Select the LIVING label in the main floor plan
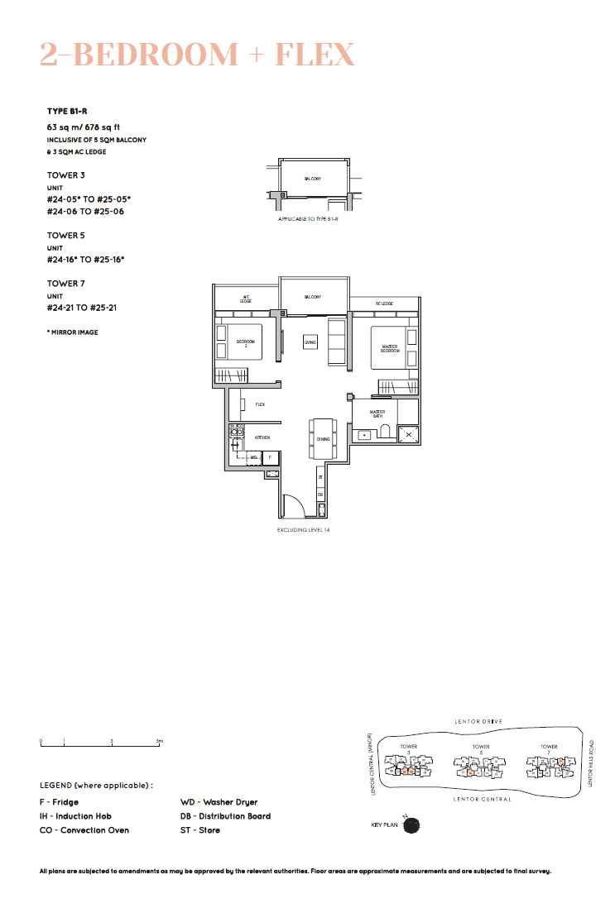pos(310,342)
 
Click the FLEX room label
pos(260,404)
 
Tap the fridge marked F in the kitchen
pos(271,456)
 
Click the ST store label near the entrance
pos(320,478)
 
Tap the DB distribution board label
pos(320,495)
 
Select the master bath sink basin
pos(363,434)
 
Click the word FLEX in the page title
pos(315,55)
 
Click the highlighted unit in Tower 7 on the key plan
pos(560,764)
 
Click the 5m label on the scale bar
pos(160,741)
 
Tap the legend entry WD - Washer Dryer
pos(219,802)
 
